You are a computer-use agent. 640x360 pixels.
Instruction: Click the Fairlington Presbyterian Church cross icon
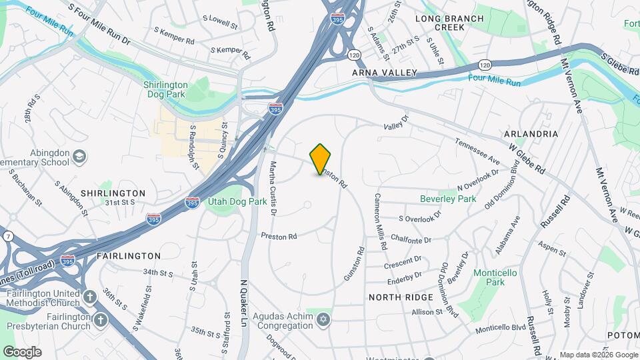point(101,320)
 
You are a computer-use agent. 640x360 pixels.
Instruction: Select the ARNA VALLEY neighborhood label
point(385,72)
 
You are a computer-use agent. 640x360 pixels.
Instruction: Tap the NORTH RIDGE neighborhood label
point(401,297)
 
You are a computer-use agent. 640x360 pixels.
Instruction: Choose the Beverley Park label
point(448,199)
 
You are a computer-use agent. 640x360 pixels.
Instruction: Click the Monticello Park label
point(498,277)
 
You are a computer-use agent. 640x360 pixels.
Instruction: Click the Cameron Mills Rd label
point(380,221)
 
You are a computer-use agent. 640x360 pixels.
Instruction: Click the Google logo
point(22,351)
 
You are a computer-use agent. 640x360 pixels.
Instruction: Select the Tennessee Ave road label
point(477,151)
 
